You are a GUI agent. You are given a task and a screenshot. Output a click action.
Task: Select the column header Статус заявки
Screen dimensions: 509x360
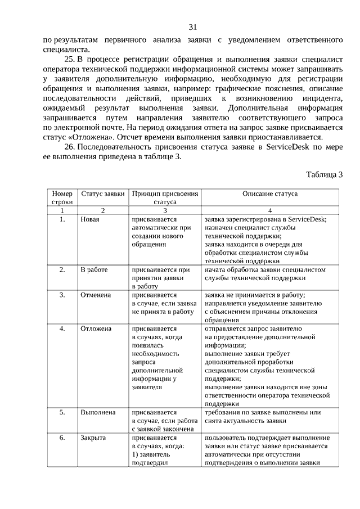click(102, 193)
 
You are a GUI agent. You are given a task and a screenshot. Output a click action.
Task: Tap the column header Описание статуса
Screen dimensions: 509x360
click(270, 193)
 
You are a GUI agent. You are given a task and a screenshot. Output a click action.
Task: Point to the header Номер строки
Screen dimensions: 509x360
click(62, 197)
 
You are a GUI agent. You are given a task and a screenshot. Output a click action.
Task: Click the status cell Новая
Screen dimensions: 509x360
click(90, 219)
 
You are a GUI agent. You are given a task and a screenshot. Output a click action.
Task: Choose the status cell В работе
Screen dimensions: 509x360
click(94, 270)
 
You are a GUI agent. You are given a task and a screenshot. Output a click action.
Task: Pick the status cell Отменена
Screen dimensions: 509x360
click(96, 295)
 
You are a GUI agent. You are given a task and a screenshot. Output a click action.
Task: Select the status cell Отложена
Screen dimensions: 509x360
click(96, 328)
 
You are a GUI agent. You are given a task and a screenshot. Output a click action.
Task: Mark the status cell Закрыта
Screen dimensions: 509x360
click(93, 438)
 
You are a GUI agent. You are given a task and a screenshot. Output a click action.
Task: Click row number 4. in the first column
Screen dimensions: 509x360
click(62, 328)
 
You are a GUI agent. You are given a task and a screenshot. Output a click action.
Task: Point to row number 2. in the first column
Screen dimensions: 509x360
click(62, 270)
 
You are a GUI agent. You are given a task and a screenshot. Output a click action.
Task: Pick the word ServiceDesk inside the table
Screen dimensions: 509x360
click(306, 219)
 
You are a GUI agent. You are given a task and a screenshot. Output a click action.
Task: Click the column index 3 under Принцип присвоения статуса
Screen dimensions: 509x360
click(165, 210)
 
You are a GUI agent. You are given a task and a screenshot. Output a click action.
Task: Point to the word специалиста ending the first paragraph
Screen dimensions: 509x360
click(63, 49)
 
